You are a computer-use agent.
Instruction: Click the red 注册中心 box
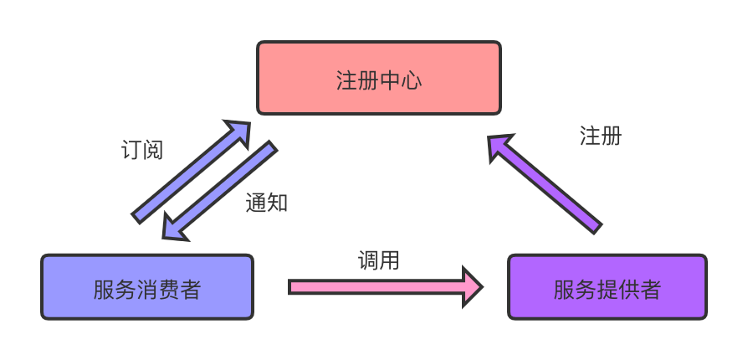tap(378, 78)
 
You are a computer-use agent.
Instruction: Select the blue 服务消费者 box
tap(146, 287)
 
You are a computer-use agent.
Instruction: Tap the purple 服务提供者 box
tap(607, 287)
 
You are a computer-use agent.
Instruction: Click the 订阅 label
tap(141, 151)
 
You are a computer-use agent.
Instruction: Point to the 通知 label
tap(267, 203)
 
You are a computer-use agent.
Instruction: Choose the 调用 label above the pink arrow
tap(379, 260)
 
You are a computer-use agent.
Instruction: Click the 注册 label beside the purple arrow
tap(600, 136)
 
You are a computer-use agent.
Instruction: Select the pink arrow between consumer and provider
tap(377, 287)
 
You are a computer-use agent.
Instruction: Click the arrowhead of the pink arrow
tap(474, 287)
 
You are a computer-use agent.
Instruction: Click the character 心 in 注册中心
tap(411, 80)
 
